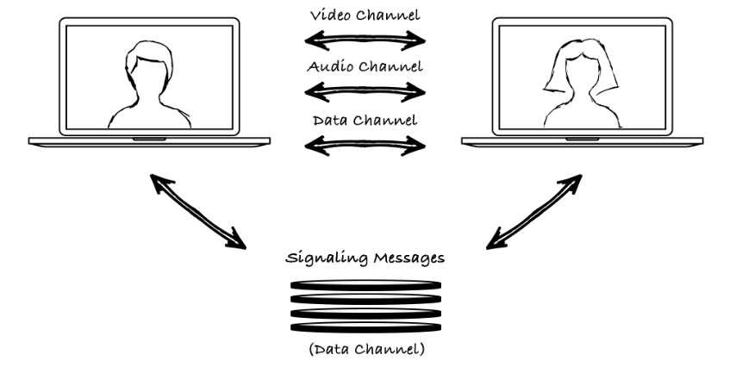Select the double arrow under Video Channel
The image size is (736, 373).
pos(367,39)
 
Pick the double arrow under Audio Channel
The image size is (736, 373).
pos(367,89)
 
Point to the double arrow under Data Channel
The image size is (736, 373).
pos(367,143)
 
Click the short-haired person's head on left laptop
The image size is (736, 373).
pos(140,65)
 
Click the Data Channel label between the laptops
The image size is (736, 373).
pos(367,119)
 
